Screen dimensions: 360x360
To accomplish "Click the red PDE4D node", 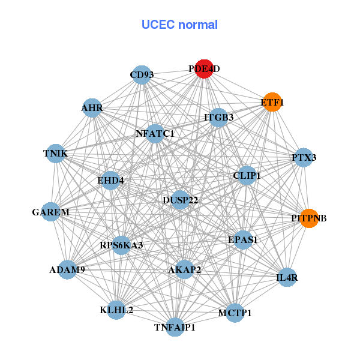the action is pos(204,69).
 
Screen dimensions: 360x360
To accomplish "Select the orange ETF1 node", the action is pos(272,103).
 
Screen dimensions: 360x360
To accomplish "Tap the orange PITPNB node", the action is pos(308,218).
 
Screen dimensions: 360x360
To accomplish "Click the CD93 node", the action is pos(141,75).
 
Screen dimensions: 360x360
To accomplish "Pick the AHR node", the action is pos(92,108).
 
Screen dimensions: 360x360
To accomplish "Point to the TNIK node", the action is pos(56,154).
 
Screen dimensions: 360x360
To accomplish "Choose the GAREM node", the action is pos(51,212).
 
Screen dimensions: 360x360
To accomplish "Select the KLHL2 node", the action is pos(116,310).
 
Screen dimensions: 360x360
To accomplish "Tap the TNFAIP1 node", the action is pos(175,327).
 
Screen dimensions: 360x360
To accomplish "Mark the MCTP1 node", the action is pos(235,313).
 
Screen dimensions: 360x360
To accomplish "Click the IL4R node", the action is pos(287,277).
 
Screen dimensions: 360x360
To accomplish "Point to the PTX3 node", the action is pos(304,158).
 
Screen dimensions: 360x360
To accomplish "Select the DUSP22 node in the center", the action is pos(180,199).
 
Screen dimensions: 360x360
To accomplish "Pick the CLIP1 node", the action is pos(247,176).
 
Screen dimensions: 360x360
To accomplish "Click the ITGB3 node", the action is pos(219,118).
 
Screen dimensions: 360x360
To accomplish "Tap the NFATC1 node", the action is pos(155,134).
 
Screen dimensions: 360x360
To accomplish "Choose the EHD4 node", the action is pos(110,179).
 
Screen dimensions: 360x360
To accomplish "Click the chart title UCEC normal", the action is pos(179,25).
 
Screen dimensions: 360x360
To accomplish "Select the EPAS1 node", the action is pos(242,239).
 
